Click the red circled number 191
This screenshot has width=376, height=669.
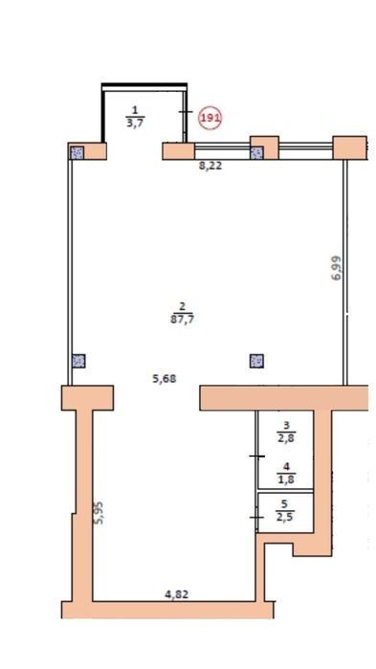click(x=210, y=118)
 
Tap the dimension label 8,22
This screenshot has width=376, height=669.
click(x=210, y=166)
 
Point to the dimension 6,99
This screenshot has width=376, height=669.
click(x=337, y=268)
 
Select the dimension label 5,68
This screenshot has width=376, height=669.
click(x=165, y=378)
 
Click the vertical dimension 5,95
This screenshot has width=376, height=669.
click(x=99, y=512)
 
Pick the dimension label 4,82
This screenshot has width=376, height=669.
click(x=176, y=594)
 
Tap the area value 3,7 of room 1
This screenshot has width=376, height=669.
click(x=135, y=123)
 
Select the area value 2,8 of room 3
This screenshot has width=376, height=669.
click(x=286, y=437)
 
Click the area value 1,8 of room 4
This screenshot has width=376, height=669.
click(x=286, y=480)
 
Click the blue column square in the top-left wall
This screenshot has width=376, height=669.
click(x=77, y=152)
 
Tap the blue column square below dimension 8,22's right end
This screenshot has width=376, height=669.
click(x=256, y=153)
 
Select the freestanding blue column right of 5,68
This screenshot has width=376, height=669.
click(x=256, y=361)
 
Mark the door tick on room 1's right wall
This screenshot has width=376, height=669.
click(x=185, y=112)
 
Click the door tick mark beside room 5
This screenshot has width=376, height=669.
click(x=256, y=518)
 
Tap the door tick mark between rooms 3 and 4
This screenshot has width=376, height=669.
click(x=257, y=457)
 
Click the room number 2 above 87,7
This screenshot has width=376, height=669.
click(x=182, y=306)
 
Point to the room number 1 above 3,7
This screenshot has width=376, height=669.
click(x=135, y=111)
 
